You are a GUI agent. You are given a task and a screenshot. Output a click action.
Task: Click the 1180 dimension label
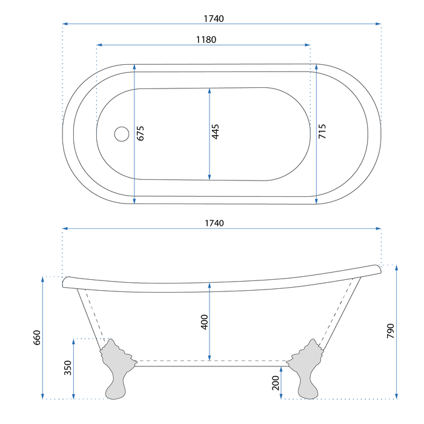206,40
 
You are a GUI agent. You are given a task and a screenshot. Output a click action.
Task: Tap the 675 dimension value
141,133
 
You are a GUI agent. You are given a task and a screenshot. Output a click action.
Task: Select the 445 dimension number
215,131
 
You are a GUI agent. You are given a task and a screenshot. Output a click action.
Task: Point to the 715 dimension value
322,131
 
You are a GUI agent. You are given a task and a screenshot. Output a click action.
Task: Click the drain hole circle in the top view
122,134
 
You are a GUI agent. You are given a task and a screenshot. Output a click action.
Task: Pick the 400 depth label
205,322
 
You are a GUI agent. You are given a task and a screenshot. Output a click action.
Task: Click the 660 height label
36,337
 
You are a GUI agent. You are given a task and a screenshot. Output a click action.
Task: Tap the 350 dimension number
68,368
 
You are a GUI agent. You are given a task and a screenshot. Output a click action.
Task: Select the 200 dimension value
276,383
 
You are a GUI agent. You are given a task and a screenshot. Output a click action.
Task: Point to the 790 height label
391,331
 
